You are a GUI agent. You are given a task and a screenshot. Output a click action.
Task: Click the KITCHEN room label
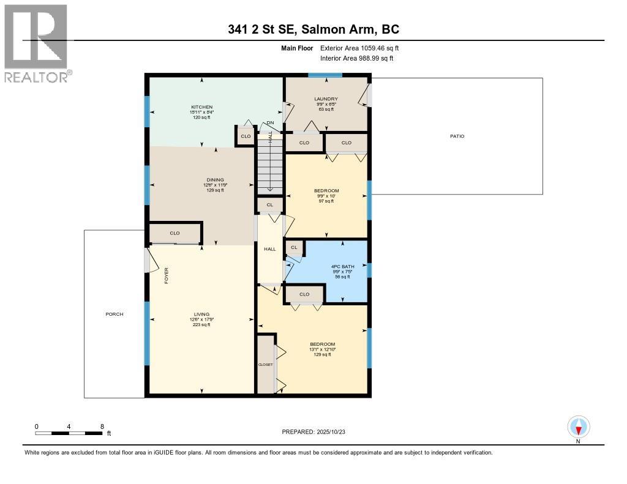[201, 107]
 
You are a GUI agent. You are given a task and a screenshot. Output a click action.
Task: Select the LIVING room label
[201, 315]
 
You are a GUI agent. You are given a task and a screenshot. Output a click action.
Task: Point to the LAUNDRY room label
[326, 99]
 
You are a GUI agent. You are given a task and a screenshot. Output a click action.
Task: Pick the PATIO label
[457, 136]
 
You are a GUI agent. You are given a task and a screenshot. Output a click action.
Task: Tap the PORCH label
[114, 314]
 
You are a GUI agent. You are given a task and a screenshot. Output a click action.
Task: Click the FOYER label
[165, 275]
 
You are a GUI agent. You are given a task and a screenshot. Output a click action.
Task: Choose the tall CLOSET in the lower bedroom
[266, 364]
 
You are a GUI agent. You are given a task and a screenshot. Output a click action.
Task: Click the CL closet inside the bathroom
[294, 247]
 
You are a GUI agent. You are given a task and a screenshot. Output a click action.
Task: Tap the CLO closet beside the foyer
[175, 233]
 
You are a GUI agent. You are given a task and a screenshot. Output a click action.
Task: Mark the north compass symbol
[578, 427]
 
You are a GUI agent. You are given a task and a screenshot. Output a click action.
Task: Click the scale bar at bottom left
[69, 433]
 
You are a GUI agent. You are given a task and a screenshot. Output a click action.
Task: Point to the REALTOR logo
[37, 43]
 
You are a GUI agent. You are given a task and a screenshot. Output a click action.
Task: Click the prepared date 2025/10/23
[318, 431]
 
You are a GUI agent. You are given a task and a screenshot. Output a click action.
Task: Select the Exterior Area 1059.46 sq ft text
[359, 48]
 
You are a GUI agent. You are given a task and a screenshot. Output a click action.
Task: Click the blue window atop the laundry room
[325, 76]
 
